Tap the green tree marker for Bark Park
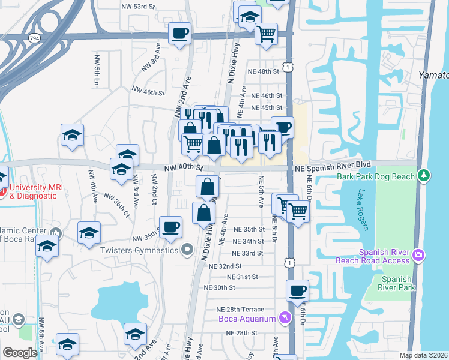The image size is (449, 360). point(424,175)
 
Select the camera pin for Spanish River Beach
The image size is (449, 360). point(418,256)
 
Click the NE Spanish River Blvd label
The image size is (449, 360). point(333,164)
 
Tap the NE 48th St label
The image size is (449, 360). point(265,71)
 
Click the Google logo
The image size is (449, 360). point(19,353)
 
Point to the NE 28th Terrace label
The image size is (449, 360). point(240,309)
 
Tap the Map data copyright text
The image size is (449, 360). point(424,355)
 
